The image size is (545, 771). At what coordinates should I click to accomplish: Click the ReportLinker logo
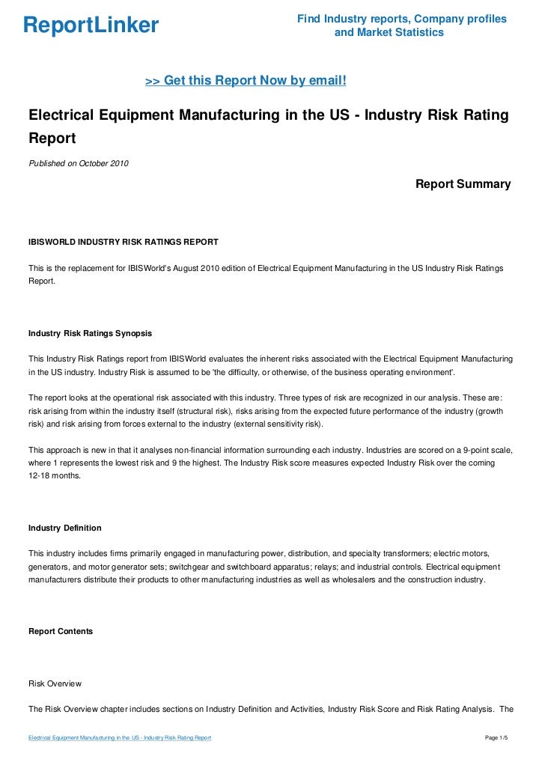coord(91,26)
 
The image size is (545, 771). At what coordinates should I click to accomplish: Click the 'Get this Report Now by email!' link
coord(246,80)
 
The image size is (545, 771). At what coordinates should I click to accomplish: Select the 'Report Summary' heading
coord(463,183)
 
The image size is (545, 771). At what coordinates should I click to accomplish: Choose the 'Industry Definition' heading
coord(64,528)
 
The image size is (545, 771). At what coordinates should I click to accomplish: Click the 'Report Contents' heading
coord(61,631)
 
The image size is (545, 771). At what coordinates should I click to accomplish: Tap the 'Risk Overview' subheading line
coord(55,683)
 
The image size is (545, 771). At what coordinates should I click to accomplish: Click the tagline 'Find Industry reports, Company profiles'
coord(401,19)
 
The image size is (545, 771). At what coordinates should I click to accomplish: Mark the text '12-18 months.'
coord(57,476)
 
